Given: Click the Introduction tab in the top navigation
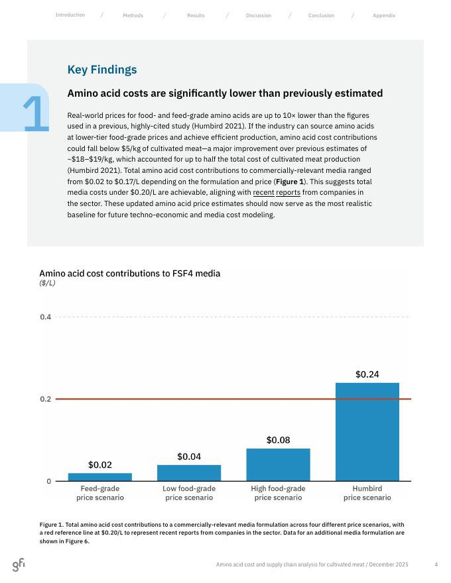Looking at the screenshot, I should click(70, 15).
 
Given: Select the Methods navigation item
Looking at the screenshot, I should click(133, 15).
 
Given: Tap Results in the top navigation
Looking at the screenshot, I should click(196, 15).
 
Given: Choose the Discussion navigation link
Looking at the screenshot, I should click(258, 15).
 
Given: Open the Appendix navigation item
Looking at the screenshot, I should click(384, 15).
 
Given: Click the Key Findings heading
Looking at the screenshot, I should click(102, 70).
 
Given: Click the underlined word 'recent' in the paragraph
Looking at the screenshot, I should click(263, 193).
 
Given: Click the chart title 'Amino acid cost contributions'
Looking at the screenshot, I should click(129, 273).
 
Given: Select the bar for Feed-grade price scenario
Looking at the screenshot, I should click(100, 477).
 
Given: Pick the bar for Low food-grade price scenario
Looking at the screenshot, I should click(189, 473).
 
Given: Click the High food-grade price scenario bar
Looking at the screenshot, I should click(278, 464).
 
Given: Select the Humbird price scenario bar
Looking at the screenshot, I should click(367, 432).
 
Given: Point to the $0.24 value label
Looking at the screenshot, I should click(367, 374).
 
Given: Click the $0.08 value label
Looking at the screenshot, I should click(278, 440).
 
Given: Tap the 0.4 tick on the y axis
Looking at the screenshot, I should click(46, 317).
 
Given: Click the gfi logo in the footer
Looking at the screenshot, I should click(19, 564).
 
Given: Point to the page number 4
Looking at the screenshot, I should click(436, 564).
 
